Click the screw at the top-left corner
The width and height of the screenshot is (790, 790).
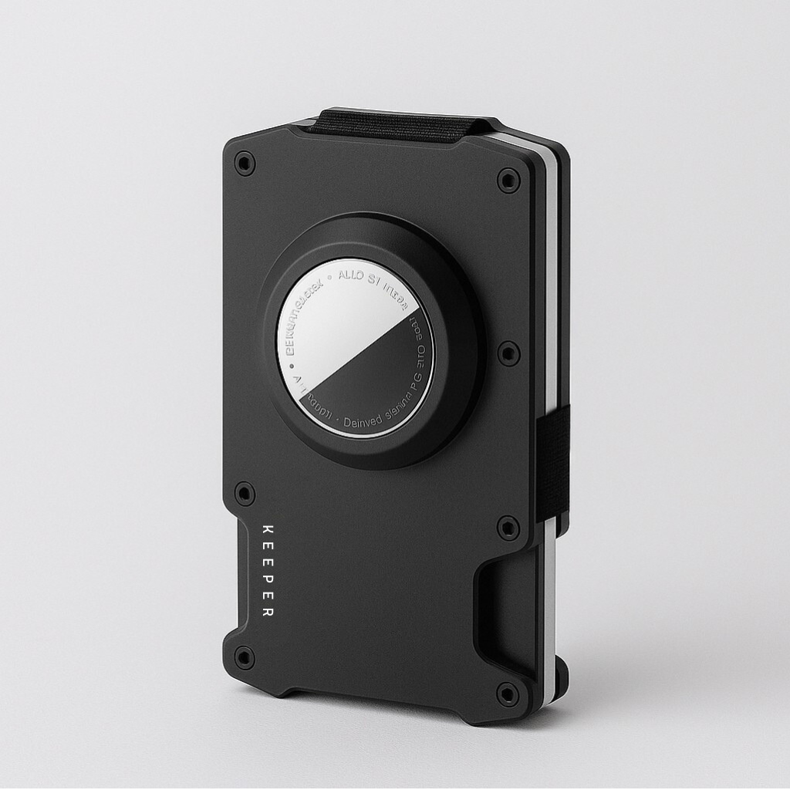[x=245, y=164]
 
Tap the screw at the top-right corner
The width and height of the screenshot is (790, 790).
[x=508, y=181]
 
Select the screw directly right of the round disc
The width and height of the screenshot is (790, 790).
[x=508, y=353]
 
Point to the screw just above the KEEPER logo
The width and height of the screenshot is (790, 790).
[x=245, y=494]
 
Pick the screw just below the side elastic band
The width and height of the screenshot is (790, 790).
[x=508, y=528]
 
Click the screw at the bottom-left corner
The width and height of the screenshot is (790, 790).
[x=245, y=657]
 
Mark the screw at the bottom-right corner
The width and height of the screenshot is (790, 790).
[x=508, y=694]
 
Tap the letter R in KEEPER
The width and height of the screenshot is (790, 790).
[x=268, y=613]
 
